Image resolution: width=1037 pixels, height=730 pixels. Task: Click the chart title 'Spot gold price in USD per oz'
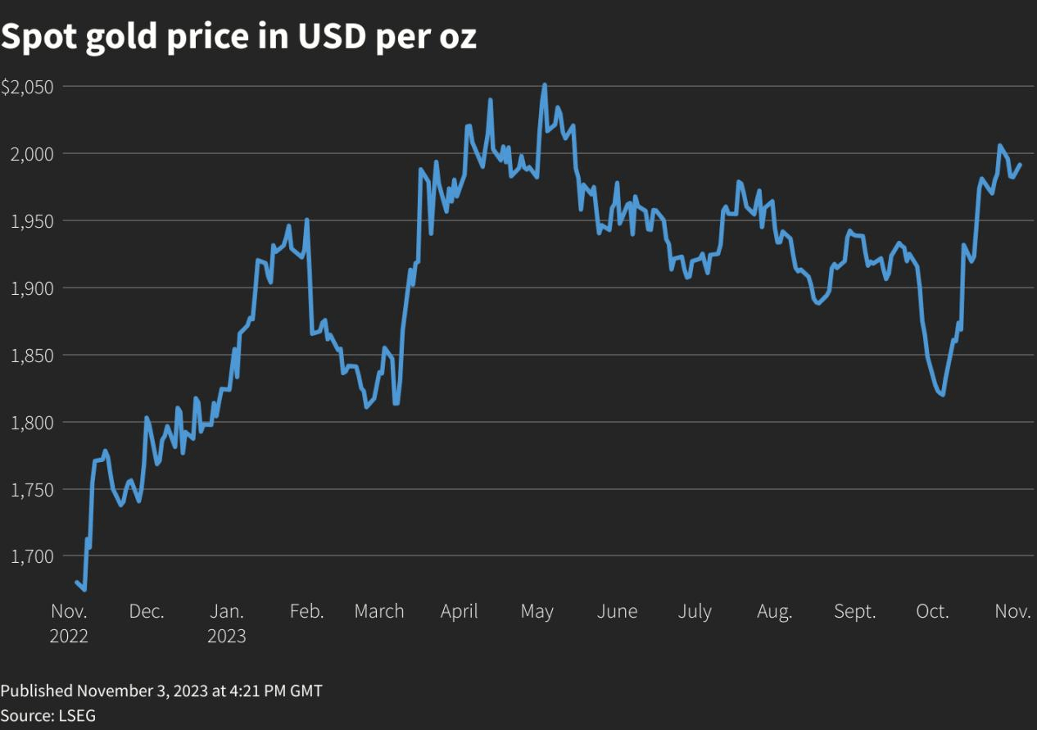pos(238,38)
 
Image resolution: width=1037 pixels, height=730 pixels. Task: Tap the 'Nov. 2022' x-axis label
pos(69,623)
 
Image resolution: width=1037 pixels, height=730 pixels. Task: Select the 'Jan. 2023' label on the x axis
pos(227,623)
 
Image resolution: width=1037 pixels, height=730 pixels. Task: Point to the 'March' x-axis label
pos(379,611)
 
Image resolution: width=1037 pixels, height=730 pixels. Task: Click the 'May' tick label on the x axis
pos(537,611)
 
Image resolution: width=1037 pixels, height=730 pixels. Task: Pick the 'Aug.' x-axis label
pos(774,611)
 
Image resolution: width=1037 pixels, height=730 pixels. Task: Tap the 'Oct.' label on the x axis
pos(932,611)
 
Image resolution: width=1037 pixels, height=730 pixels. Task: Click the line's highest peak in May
pos(545,84)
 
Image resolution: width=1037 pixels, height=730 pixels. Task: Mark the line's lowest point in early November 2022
pos(84,589)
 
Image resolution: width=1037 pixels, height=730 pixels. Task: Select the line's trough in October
pos(944,395)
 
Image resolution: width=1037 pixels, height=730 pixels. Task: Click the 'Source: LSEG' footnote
pos(48,715)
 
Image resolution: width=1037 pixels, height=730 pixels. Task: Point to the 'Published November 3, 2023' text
pos(161,691)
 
